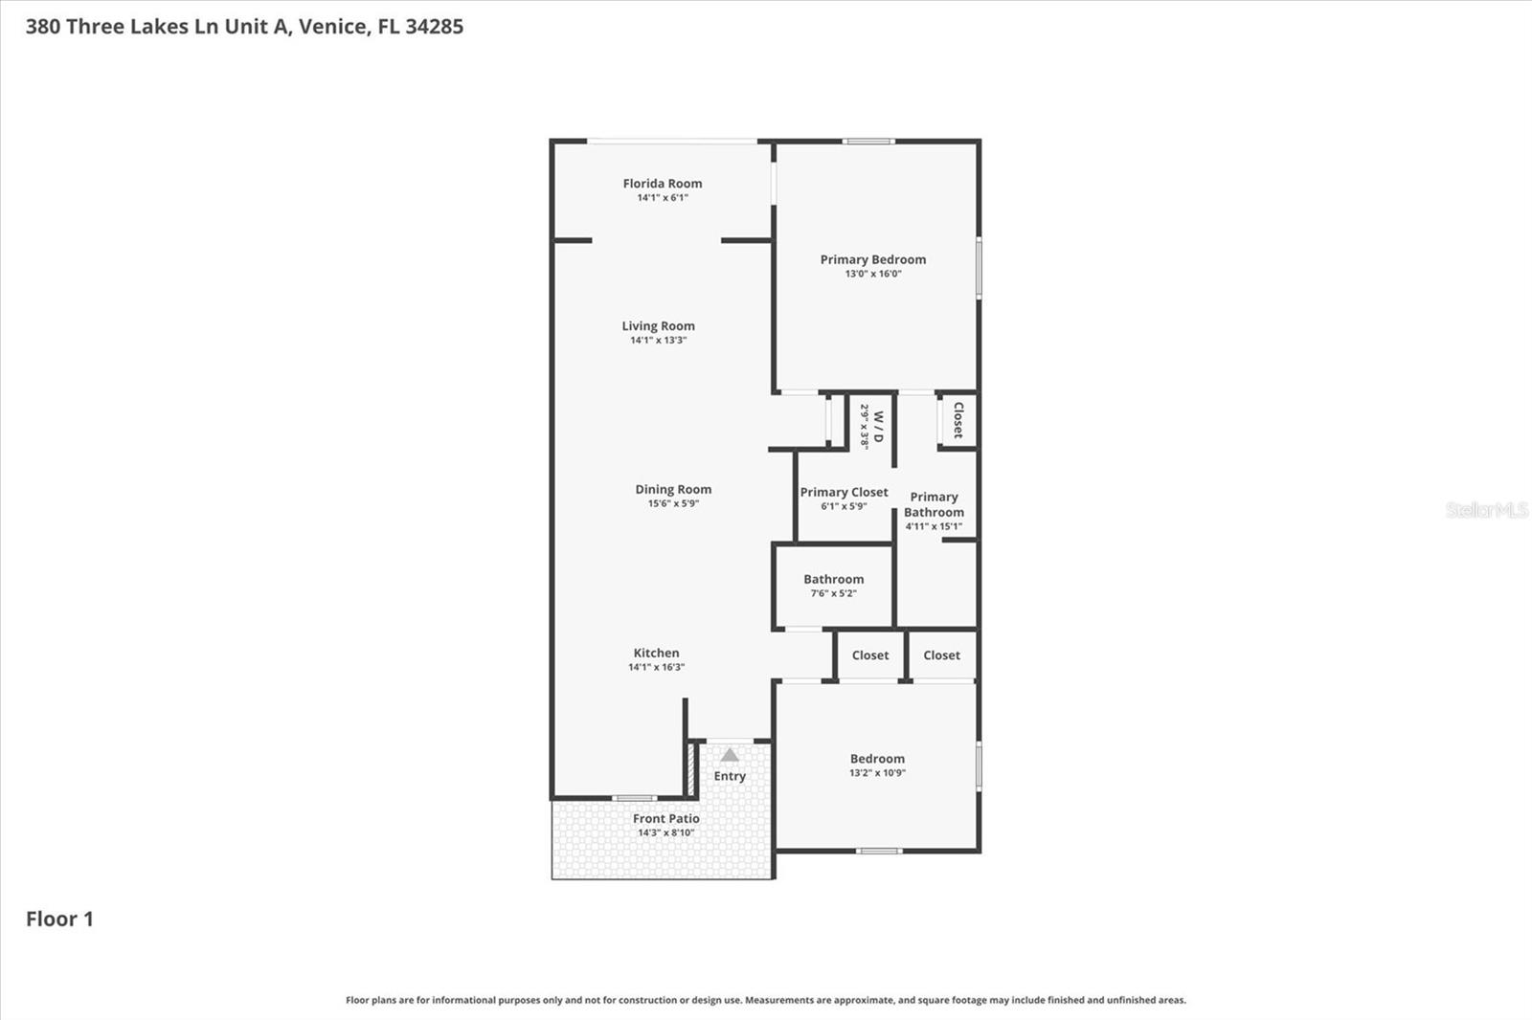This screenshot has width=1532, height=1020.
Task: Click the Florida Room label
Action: click(x=662, y=184)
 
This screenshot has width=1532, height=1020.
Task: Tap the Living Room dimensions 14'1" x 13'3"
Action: click(x=658, y=341)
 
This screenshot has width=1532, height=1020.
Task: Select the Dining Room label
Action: click(x=673, y=489)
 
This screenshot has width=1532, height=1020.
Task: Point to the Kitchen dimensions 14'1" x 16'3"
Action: click(x=656, y=668)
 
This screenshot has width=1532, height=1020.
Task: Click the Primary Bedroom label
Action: click(x=872, y=259)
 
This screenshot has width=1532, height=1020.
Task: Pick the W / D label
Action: click(x=877, y=426)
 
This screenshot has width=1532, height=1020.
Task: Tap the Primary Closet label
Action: click(x=844, y=492)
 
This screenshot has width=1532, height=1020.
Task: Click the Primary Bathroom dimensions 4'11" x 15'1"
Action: click(x=934, y=526)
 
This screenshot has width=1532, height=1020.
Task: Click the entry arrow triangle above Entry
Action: click(x=730, y=755)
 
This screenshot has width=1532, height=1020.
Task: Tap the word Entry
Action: click(x=730, y=776)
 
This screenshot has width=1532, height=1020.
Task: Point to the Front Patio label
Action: click(x=665, y=819)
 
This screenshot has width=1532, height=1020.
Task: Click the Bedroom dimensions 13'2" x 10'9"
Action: click(x=877, y=773)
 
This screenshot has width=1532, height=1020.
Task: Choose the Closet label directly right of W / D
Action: click(x=957, y=419)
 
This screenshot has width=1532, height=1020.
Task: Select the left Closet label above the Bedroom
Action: click(x=869, y=655)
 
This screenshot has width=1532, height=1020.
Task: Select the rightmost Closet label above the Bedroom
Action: click(x=941, y=655)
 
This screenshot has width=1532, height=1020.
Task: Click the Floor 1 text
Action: click(x=59, y=920)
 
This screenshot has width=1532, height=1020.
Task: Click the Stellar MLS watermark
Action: click(x=1486, y=510)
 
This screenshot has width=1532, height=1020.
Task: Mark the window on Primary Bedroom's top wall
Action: click(x=868, y=142)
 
